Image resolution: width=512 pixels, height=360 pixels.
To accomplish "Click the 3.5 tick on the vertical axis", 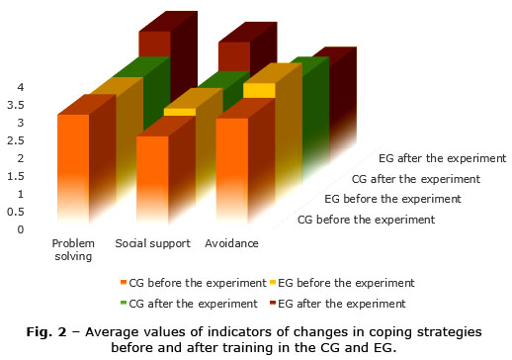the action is click(16, 105).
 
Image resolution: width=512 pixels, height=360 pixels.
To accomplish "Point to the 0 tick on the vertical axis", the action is click(21, 229).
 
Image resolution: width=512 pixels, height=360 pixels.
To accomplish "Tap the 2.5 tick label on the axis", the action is click(16, 140).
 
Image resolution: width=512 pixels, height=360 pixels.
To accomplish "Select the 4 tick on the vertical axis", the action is click(21, 87).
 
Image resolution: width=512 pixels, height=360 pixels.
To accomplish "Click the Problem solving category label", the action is click(73, 250).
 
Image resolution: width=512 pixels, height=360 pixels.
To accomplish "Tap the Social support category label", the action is click(153, 243).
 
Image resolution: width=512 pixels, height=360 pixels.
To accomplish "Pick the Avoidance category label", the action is click(231, 243).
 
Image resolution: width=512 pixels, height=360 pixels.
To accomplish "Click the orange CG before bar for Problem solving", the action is click(73, 168).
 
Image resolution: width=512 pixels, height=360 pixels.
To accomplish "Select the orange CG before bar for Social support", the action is click(152, 180).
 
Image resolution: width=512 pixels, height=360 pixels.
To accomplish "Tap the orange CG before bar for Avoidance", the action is click(232, 171).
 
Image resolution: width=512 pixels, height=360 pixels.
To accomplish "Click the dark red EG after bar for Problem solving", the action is click(154, 44).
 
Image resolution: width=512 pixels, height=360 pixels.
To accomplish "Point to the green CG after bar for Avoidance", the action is click(315, 116).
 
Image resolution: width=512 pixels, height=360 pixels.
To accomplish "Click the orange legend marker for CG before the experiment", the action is click(124, 283).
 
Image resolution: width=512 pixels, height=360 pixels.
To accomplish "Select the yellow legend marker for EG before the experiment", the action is click(273, 283).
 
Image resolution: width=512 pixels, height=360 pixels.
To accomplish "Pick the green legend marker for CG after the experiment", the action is click(124, 303).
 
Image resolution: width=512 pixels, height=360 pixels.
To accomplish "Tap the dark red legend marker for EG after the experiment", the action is click(273, 303).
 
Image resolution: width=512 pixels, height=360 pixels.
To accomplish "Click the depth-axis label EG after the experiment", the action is click(442, 158).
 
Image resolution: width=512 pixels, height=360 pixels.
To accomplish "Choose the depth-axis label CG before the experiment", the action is click(366, 220).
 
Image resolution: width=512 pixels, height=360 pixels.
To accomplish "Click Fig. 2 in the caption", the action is click(46, 332).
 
